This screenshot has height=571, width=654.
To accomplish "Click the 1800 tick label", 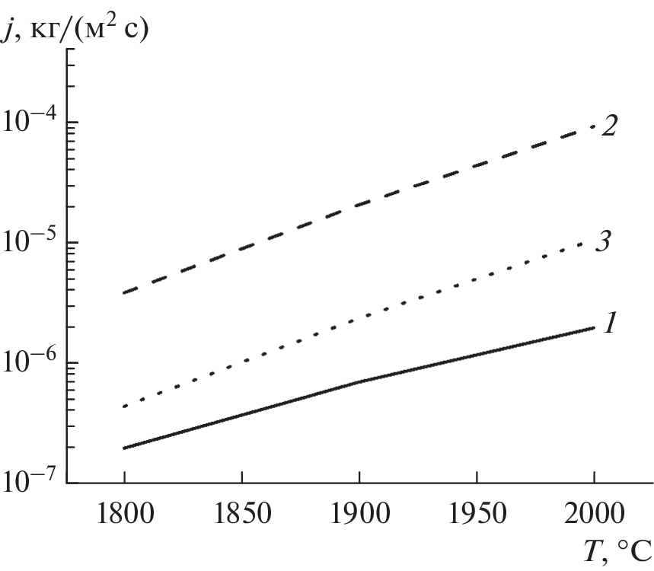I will [x=124, y=512].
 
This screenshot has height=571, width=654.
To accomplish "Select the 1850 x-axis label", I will [x=241, y=512].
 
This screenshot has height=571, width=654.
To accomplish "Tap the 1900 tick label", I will [x=359, y=512].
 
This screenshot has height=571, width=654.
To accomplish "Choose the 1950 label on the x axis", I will [x=476, y=512].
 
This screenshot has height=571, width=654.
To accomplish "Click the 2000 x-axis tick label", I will [x=593, y=512].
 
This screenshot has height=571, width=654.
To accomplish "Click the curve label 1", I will [x=609, y=324].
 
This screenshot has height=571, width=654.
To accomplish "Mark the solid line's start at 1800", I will [x=124, y=448].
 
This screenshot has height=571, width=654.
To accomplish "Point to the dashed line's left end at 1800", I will [x=124, y=293].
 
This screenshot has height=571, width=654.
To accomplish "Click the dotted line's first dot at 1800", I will [x=124, y=407].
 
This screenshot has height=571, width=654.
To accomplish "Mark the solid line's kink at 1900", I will [x=359, y=382].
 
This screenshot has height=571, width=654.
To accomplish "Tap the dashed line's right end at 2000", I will [x=593, y=127].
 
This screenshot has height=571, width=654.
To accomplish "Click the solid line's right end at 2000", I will [x=593, y=327].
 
